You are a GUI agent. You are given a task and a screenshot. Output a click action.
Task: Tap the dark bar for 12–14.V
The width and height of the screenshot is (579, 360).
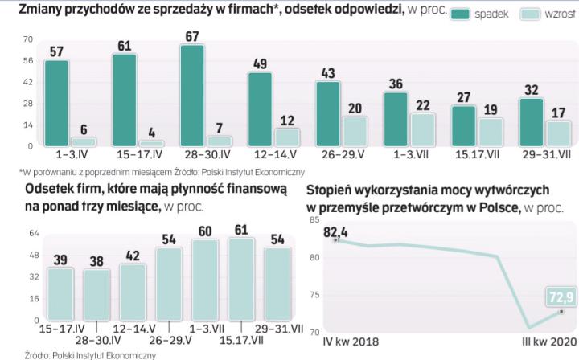coord(259,108)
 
